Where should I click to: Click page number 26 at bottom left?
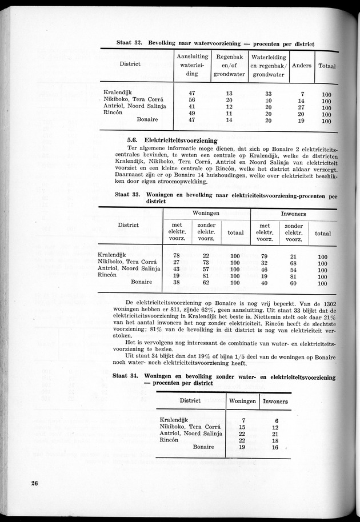(35, 484)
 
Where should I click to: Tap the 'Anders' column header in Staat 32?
(302, 65)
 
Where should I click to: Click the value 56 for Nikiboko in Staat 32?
(192, 101)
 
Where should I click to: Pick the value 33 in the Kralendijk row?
(269, 94)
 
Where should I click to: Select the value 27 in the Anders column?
(302, 107)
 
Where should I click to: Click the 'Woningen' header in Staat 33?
(206, 213)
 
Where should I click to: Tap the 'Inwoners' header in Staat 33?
(294, 214)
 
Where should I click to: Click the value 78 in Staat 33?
(177, 256)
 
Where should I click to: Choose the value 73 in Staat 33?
(206, 263)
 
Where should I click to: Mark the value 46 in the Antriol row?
(264, 270)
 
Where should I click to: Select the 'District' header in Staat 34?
(190, 401)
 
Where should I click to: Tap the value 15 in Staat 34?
(242, 427)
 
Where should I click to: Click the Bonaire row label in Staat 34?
(203, 447)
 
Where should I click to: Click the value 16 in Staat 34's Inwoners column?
(275, 447)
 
